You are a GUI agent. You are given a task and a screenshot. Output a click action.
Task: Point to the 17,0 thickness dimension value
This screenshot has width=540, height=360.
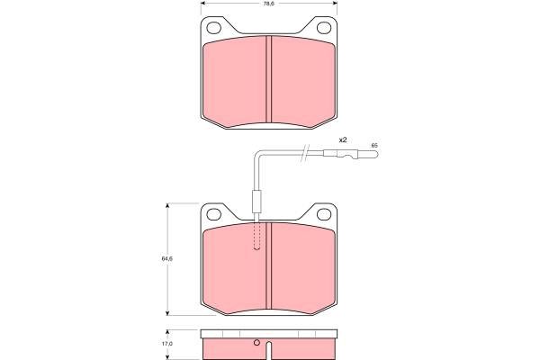[167, 344]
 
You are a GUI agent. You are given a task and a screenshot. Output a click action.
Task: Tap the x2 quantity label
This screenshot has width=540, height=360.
[343, 139]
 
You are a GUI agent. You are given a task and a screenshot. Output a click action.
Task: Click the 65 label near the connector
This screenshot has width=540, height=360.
[374, 146]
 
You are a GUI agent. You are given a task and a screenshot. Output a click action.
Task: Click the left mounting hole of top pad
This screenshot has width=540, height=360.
[213, 28]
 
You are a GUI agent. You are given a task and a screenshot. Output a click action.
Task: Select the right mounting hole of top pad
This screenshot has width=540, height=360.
[324, 28]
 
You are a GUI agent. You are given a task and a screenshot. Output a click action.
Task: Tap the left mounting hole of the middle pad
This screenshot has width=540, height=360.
[213, 214]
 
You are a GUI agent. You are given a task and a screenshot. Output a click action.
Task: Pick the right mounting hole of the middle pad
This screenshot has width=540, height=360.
[324, 214]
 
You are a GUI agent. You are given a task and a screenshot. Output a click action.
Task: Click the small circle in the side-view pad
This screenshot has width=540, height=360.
[256, 342]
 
